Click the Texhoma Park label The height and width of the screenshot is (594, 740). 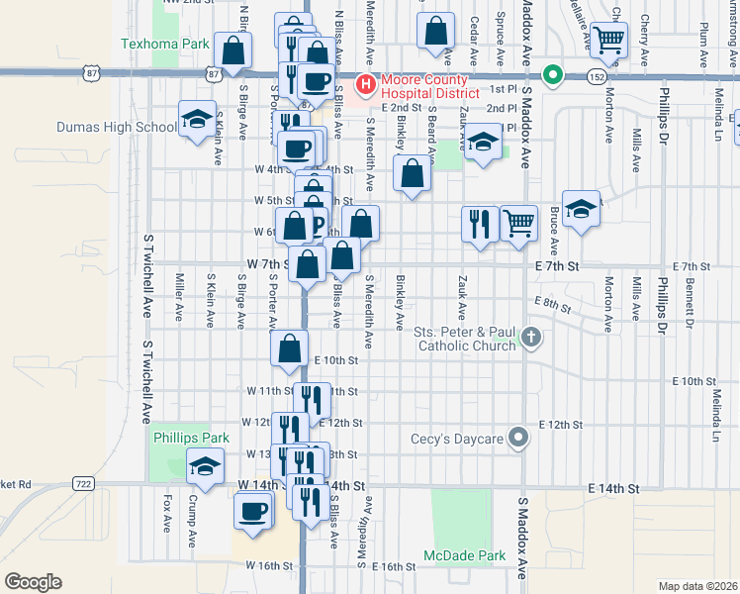[165, 44]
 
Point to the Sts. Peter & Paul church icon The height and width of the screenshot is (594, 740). [531, 338]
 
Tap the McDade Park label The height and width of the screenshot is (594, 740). [465, 555]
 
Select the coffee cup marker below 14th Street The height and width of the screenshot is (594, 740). [252, 512]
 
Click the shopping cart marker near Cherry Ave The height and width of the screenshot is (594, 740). [608, 40]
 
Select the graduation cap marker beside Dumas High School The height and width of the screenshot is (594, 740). [197, 119]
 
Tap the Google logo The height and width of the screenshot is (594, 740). [34, 581]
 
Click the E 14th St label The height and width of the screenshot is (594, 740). [613, 489]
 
